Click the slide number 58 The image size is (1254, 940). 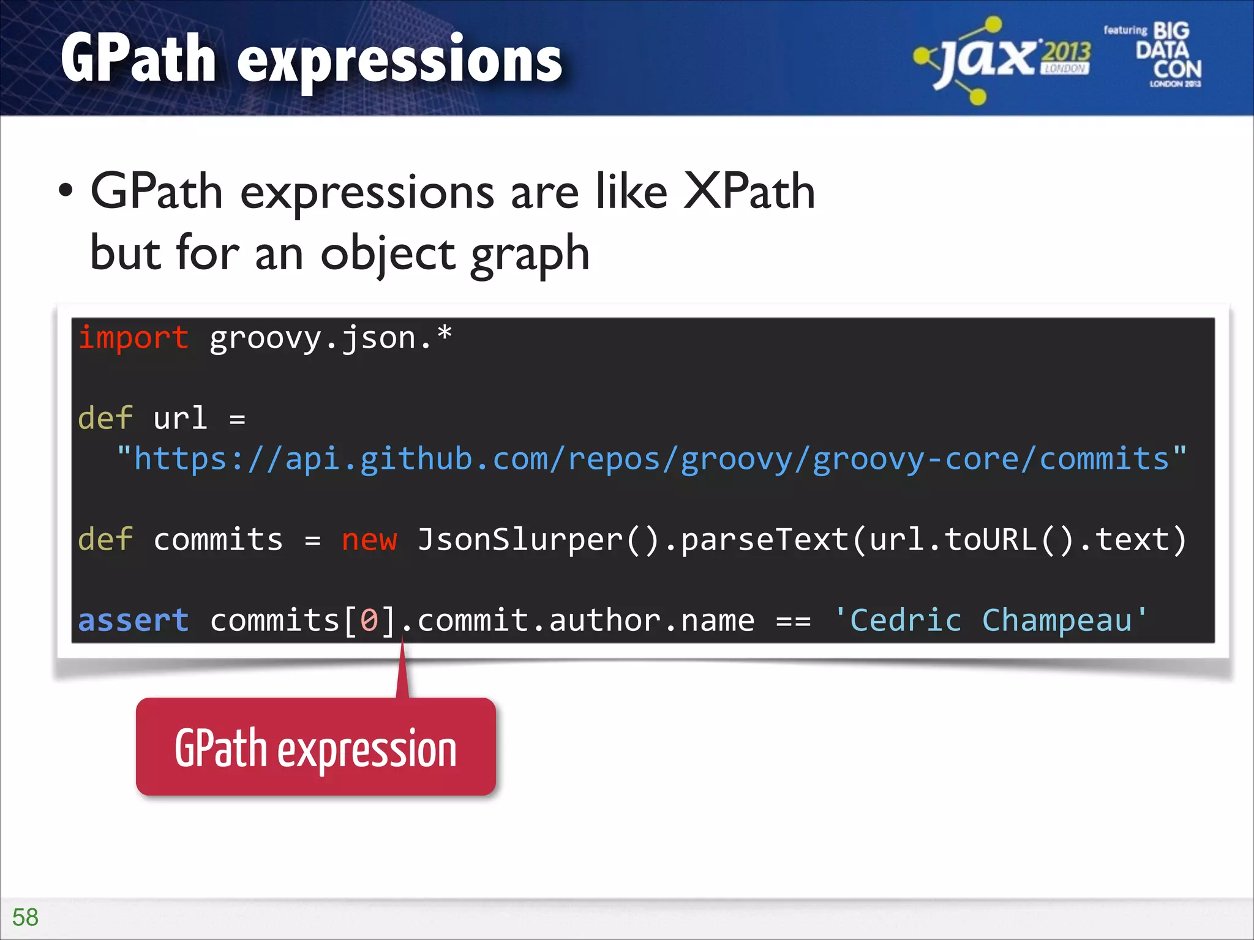[x=25, y=917]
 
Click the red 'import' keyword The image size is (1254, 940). [x=133, y=338]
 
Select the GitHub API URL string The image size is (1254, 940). [x=651, y=459]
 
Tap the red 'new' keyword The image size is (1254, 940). [x=369, y=540]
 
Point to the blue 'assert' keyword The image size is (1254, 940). [x=133, y=621]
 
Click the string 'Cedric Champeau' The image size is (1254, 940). [x=990, y=621]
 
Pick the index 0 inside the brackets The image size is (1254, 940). [x=369, y=621]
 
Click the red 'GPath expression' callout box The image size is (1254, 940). [x=315, y=747]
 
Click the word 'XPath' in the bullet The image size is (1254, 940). [x=748, y=192]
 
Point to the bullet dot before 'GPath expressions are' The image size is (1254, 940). [x=66, y=191]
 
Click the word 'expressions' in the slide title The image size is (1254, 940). [x=399, y=60]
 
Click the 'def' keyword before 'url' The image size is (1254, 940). [x=105, y=419]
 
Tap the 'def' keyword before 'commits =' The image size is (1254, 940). [x=105, y=540]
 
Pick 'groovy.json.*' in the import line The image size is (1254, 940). [x=331, y=338]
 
